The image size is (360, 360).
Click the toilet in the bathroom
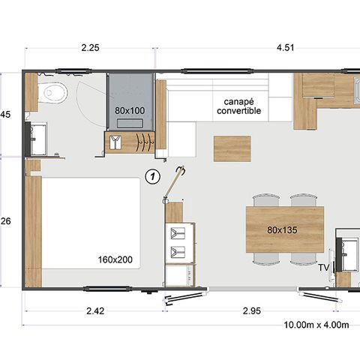[x=55, y=93]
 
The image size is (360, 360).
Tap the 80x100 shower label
[x=129, y=110]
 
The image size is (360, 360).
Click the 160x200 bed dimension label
[x=115, y=259]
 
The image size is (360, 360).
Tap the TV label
[x=324, y=267]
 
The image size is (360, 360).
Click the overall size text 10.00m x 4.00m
[x=317, y=325]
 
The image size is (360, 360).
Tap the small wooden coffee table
[x=232, y=148]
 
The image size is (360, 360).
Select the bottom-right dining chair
[x=304, y=257]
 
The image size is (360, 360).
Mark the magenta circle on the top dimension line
[x=155, y=50]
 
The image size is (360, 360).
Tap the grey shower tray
[x=129, y=101]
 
